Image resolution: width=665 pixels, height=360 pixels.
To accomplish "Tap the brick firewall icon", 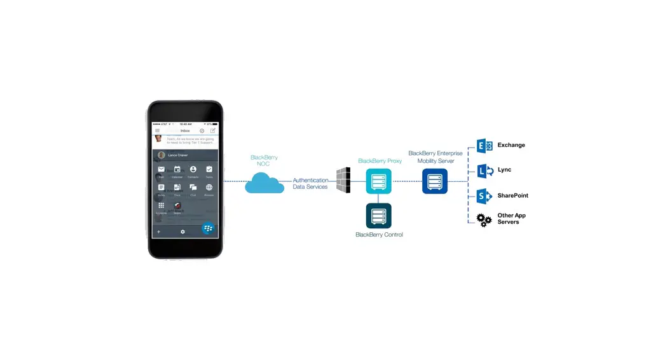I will click(x=343, y=181).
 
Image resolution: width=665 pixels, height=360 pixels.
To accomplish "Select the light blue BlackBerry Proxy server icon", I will click(x=379, y=181).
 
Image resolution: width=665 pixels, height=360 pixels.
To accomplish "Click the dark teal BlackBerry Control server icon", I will click(x=379, y=216).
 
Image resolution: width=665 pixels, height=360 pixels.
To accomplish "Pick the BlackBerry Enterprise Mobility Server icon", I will click(x=435, y=181).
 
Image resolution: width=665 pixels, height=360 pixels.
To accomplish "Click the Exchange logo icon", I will click(x=485, y=146).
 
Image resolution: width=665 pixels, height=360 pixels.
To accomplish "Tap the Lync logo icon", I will click(x=485, y=170).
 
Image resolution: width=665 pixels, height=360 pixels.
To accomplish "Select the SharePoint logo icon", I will click(x=485, y=196).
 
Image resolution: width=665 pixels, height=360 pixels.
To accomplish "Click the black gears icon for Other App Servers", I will click(x=484, y=219).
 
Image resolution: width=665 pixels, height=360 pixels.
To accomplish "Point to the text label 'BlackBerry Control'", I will click(x=379, y=235).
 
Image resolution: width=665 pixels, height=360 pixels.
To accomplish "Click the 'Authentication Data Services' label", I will click(x=310, y=184).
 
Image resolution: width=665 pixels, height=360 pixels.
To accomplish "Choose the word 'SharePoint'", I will click(x=512, y=196).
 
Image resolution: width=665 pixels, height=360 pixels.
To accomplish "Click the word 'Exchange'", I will click(x=511, y=145).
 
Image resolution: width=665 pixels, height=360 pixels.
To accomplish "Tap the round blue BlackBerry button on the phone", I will click(x=208, y=228).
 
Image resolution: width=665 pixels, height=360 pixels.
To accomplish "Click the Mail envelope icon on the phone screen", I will click(x=161, y=169).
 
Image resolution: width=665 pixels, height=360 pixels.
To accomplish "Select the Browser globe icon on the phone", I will click(x=209, y=188).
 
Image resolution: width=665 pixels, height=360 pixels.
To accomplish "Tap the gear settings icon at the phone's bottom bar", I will click(x=182, y=232).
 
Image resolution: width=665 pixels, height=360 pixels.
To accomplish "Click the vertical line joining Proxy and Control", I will click(x=379, y=198).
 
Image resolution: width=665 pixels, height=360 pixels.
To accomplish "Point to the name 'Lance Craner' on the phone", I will click(x=178, y=155).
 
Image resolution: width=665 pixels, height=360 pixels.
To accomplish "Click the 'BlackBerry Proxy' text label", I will click(x=380, y=161).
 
